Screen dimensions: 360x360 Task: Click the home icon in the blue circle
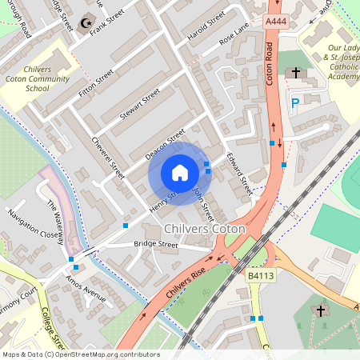pos(180,173)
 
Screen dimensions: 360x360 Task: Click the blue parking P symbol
pos(296,102)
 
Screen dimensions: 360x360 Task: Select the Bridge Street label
pos(156,243)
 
